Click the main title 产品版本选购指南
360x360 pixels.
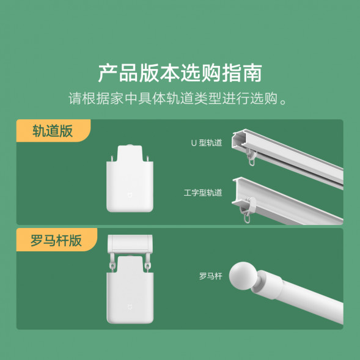point(180,73)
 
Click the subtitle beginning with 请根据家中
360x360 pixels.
point(180,98)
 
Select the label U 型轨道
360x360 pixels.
point(207,143)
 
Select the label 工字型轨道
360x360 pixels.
point(203,193)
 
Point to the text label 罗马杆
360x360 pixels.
point(210,276)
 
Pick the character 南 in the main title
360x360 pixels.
point(251,73)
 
